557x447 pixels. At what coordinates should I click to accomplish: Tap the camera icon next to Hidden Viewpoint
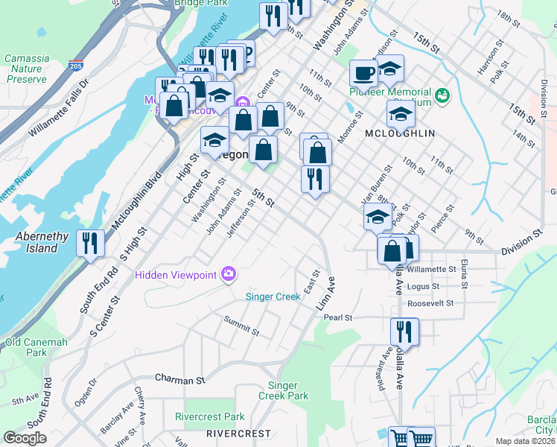click(x=228, y=275)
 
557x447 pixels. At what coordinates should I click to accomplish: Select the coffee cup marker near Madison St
click(x=363, y=73)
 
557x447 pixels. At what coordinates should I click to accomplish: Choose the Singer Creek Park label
click(x=288, y=390)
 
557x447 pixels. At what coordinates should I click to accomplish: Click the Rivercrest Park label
click(x=210, y=416)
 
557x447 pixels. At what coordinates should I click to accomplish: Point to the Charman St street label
click(x=179, y=379)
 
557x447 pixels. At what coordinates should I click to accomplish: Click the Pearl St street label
click(x=338, y=317)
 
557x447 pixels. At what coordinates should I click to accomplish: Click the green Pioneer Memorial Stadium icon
click(x=443, y=95)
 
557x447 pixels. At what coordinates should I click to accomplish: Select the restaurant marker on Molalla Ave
click(x=404, y=331)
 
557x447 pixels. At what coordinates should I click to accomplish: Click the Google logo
click(x=25, y=438)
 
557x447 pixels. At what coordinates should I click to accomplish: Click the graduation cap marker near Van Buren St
click(x=378, y=217)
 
